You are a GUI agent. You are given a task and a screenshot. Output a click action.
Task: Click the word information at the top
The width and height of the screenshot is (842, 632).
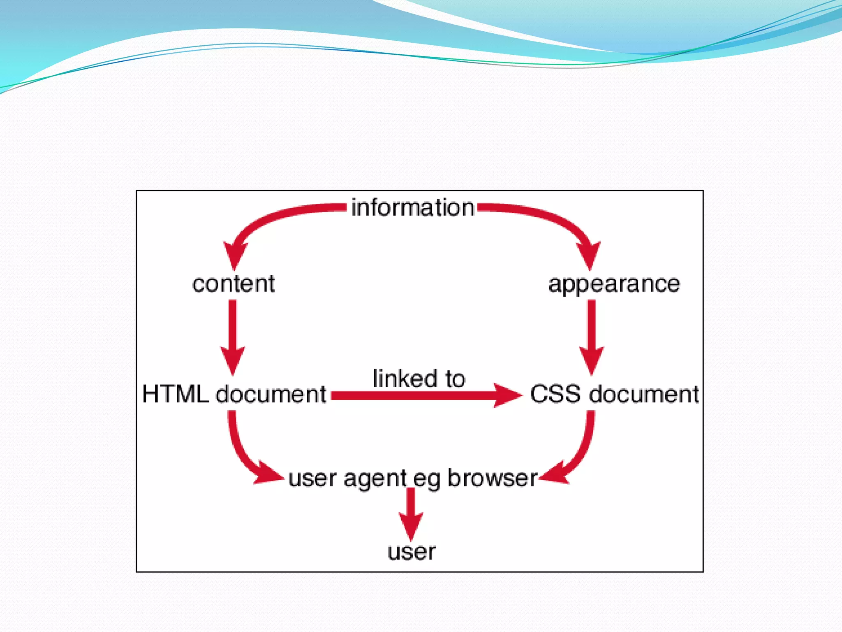[412, 207]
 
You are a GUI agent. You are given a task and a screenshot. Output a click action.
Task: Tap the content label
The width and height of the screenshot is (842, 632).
[234, 284]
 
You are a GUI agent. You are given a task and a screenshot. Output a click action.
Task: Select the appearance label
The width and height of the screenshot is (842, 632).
[614, 284]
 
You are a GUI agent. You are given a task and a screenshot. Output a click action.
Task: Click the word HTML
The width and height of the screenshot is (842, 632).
[176, 394]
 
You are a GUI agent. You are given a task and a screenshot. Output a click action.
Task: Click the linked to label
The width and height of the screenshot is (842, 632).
[419, 379]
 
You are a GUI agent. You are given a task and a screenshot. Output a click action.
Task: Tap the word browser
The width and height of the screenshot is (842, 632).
[492, 478]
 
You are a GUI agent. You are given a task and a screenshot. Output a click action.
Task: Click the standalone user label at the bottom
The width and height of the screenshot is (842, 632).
[411, 552]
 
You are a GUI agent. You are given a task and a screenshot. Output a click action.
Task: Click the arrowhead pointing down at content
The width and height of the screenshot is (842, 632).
[235, 254]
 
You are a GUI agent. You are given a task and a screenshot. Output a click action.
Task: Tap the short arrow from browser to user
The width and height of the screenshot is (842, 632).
[411, 514]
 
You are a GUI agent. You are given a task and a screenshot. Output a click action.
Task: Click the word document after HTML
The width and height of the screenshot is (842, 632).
[271, 394]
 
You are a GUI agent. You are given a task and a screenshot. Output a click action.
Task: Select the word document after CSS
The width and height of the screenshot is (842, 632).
[644, 394]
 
